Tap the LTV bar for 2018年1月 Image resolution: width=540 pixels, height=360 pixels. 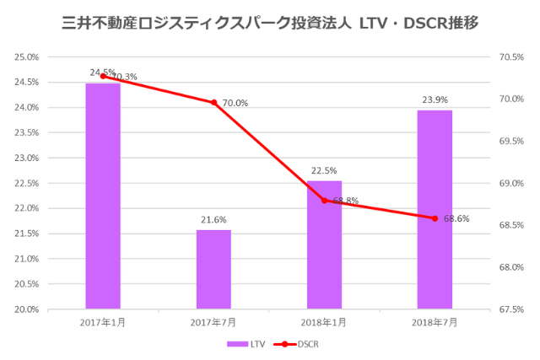[x=324, y=245]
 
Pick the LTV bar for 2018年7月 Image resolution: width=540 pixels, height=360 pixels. [x=435, y=210]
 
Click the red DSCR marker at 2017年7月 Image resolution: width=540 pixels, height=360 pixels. [x=213, y=103]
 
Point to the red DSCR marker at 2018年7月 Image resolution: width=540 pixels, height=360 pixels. [x=435, y=218]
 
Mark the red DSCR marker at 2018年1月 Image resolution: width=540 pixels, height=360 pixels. [x=324, y=201]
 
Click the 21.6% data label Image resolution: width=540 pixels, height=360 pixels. [x=213, y=220]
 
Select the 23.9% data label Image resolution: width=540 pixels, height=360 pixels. [x=435, y=99]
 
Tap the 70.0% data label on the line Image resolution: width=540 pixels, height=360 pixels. [x=236, y=103]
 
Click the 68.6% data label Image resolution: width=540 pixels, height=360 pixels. [x=456, y=218]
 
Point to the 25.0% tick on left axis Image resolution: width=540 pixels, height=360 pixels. [x=26, y=57]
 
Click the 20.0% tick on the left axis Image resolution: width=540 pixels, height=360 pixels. [x=26, y=309]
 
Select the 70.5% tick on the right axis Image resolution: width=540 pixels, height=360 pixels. [x=512, y=57]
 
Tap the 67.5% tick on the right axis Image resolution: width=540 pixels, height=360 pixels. [x=512, y=309]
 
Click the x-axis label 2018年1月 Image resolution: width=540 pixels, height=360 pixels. [x=324, y=322]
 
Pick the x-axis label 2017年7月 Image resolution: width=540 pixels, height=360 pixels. [x=213, y=322]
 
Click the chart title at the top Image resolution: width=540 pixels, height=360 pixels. [x=270, y=23]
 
